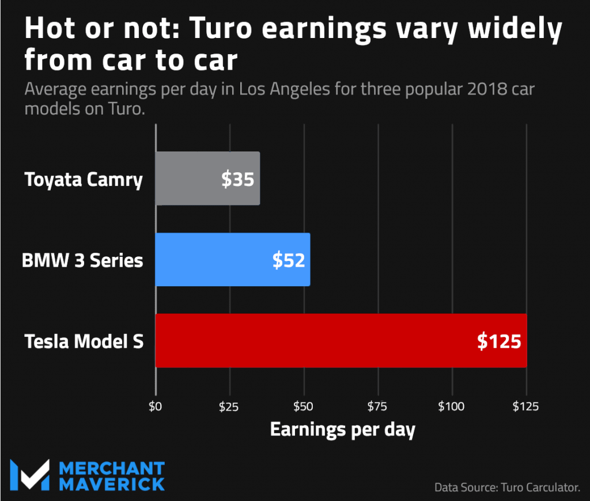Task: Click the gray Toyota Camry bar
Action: coord(190,179)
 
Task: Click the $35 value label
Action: coord(237,180)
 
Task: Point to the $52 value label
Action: coord(288,260)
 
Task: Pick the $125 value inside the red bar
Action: coord(499,341)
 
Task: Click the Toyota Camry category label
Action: coord(84,180)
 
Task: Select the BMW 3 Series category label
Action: coord(82,260)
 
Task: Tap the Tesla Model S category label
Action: coord(84,341)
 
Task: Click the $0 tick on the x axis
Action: coord(156,407)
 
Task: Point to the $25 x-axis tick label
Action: coord(229,407)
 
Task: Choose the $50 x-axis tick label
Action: coord(304,407)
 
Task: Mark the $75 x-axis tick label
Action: coord(378,407)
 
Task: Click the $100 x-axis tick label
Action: coord(452,407)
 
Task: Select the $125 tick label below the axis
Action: coord(525,407)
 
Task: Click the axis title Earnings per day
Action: coord(343,430)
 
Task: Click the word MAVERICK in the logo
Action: coord(112,483)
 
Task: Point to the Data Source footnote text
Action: coord(507,487)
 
